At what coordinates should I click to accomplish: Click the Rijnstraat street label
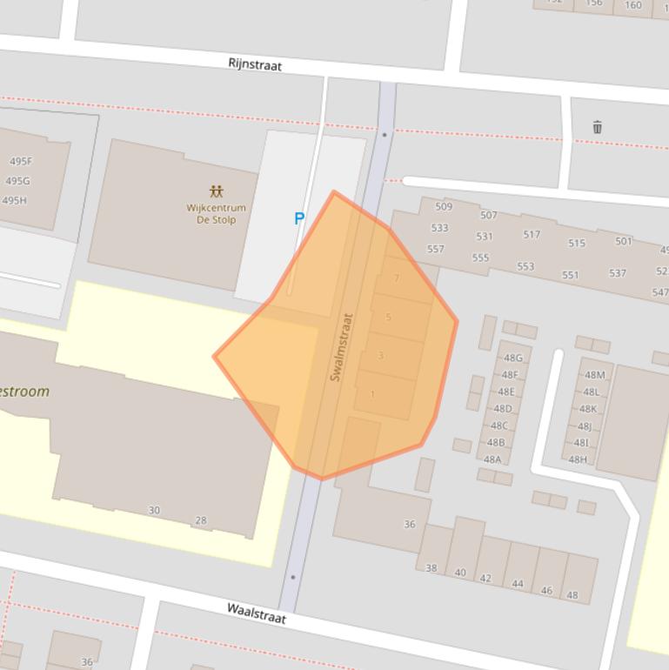[255, 64]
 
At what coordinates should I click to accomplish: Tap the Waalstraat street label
[257, 613]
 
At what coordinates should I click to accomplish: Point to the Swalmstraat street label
[341, 346]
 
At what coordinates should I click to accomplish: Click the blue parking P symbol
[299, 218]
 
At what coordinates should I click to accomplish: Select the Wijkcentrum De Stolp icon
[216, 191]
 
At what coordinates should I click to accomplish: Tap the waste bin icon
[597, 127]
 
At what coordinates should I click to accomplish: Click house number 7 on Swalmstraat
[397, 278]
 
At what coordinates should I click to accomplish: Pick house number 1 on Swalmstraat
[373, 394]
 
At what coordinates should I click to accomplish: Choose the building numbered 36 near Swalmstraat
[410, 524]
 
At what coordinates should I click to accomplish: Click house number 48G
[512, 358]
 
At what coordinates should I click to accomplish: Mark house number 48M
[594, 375]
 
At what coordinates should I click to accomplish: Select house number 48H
[577, 459]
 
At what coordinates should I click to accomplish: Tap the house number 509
[444, 207]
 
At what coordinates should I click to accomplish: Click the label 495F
[20, 161]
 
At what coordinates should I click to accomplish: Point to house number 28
[201, 520]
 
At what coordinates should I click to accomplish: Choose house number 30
[154, 510]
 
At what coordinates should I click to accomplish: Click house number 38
[432, 567]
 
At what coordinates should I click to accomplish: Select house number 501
[624, 241]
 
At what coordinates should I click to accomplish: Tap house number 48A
[492, 459]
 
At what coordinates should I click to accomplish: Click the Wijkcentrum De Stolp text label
[216, 214]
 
